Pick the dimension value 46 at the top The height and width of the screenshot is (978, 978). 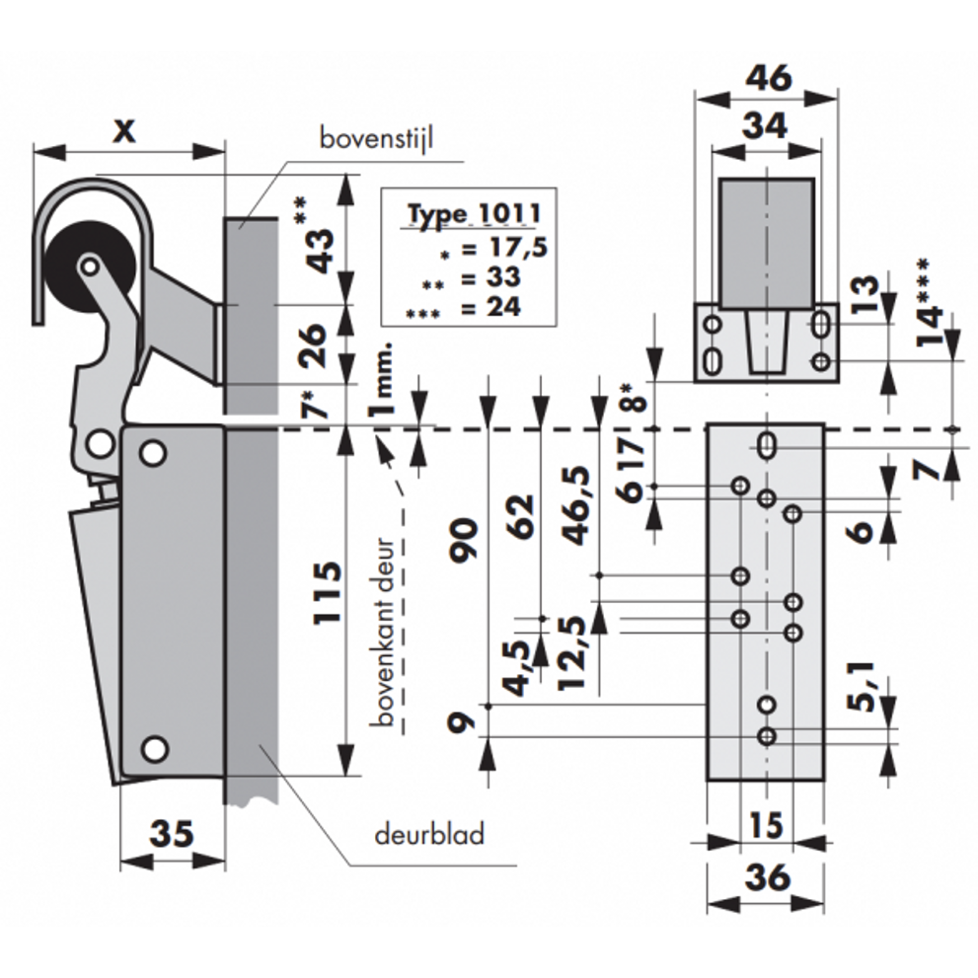[x=768, y=78]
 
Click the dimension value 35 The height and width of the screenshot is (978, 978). [x=172, y=835]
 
